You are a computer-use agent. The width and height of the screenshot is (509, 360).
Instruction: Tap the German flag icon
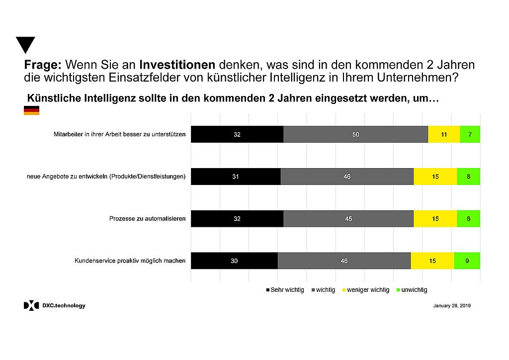click(x=31, y=110)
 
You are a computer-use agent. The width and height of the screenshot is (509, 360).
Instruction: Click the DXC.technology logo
click(x=55, y=306)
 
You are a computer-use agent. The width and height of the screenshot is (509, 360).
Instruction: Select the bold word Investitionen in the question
click(x=177, y=65)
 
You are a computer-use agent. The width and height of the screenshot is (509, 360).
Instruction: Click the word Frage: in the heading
click(x=43, y=65)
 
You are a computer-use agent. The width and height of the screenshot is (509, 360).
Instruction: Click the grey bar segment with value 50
click(x=355, y=134)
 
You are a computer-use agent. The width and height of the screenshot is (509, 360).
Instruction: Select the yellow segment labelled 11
click(x=444, y=134)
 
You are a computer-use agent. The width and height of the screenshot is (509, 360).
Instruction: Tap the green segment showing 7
click(x=470, y=134)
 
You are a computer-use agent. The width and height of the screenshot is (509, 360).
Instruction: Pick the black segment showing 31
click(x=236, y=177)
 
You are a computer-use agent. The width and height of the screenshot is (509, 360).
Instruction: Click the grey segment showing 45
click(x=348, y=218)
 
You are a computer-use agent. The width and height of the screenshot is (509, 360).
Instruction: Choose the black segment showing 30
click(x=234, y=261)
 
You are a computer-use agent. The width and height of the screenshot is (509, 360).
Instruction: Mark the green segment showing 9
click(x=467, y=261)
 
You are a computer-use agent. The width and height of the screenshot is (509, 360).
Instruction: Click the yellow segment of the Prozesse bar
click(x=435, y=218)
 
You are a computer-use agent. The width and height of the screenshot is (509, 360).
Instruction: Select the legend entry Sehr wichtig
click(x=285, y=290)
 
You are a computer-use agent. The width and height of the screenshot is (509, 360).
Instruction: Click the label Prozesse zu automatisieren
click(x=147, y=218)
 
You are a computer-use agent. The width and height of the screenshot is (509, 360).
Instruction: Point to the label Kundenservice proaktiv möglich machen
click(x=130, y=261)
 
